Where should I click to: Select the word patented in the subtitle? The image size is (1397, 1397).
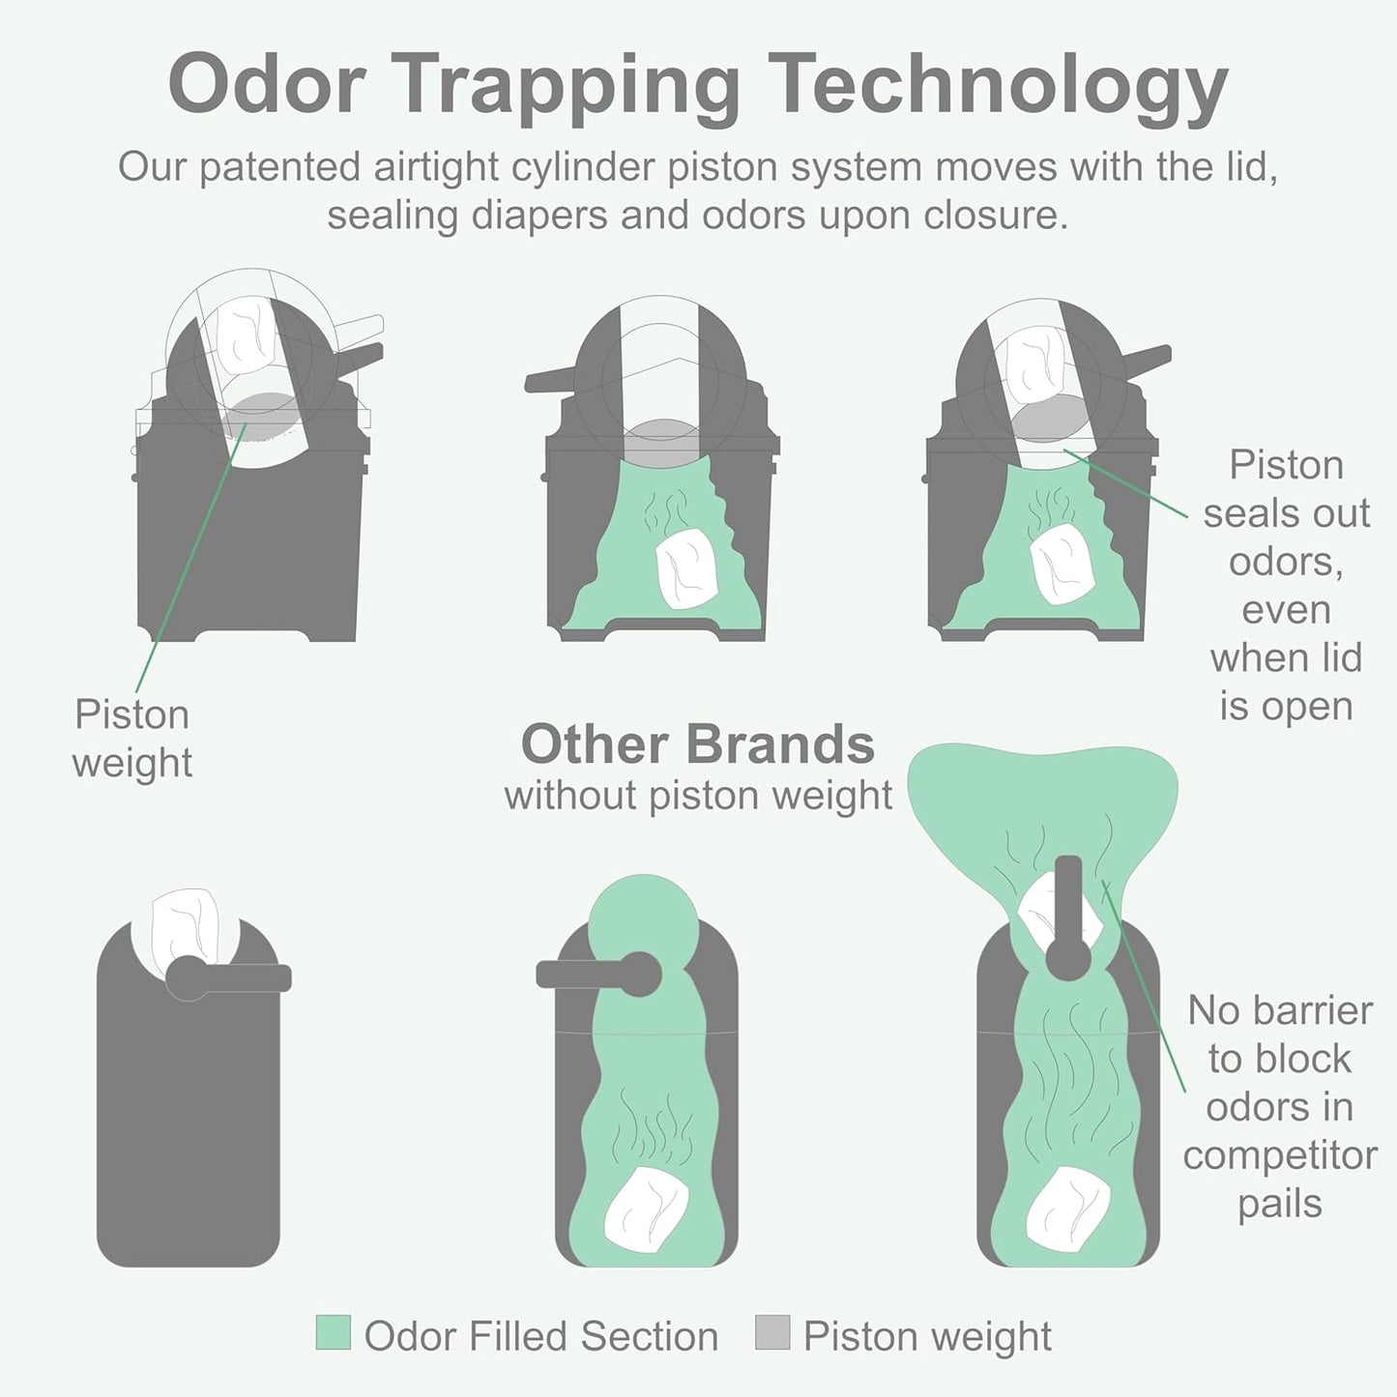[279, 168]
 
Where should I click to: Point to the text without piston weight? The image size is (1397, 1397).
[698, 796]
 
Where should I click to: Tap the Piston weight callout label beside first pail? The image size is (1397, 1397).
[131, 738]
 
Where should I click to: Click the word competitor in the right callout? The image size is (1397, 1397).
[1280, 1155]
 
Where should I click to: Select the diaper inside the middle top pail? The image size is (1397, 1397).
[686, 567]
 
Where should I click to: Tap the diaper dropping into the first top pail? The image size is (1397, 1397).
[246, 335]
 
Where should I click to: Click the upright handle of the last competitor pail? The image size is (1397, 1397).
[1068, 917]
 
